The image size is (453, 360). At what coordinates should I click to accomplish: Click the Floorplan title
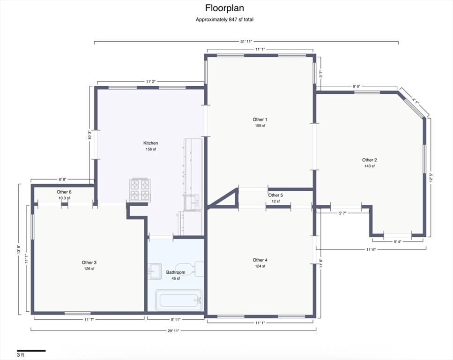[224, 8]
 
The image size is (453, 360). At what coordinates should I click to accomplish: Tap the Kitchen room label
[151, 143]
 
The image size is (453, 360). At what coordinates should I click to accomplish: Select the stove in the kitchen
[140, 189]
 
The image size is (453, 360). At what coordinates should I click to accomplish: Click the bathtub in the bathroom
[179, 300]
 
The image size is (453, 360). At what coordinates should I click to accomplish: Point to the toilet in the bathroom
[190, 268]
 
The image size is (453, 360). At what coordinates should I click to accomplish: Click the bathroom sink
[155, 271]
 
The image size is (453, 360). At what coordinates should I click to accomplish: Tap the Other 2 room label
[370, 160]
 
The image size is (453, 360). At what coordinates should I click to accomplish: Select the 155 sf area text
[260, 126]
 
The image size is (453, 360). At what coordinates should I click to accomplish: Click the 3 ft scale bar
[31, 351]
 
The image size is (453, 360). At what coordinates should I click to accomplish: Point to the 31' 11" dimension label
[246, 41]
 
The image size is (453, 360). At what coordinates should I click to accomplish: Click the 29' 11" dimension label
[173, 331]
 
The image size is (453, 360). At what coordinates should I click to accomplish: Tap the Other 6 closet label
[64, 192]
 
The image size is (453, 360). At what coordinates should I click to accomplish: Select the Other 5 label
[275, 195]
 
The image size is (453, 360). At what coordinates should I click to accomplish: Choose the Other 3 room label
[89, 262]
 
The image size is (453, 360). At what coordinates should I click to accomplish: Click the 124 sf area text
[260, 266]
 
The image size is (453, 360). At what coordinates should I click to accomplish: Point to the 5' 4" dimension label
[398, 242]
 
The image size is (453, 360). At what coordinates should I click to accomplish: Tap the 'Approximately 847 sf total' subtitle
[224, 20]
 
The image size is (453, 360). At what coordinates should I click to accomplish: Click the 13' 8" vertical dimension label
[18, 249]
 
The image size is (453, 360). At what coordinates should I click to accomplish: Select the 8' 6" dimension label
[356, 86]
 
